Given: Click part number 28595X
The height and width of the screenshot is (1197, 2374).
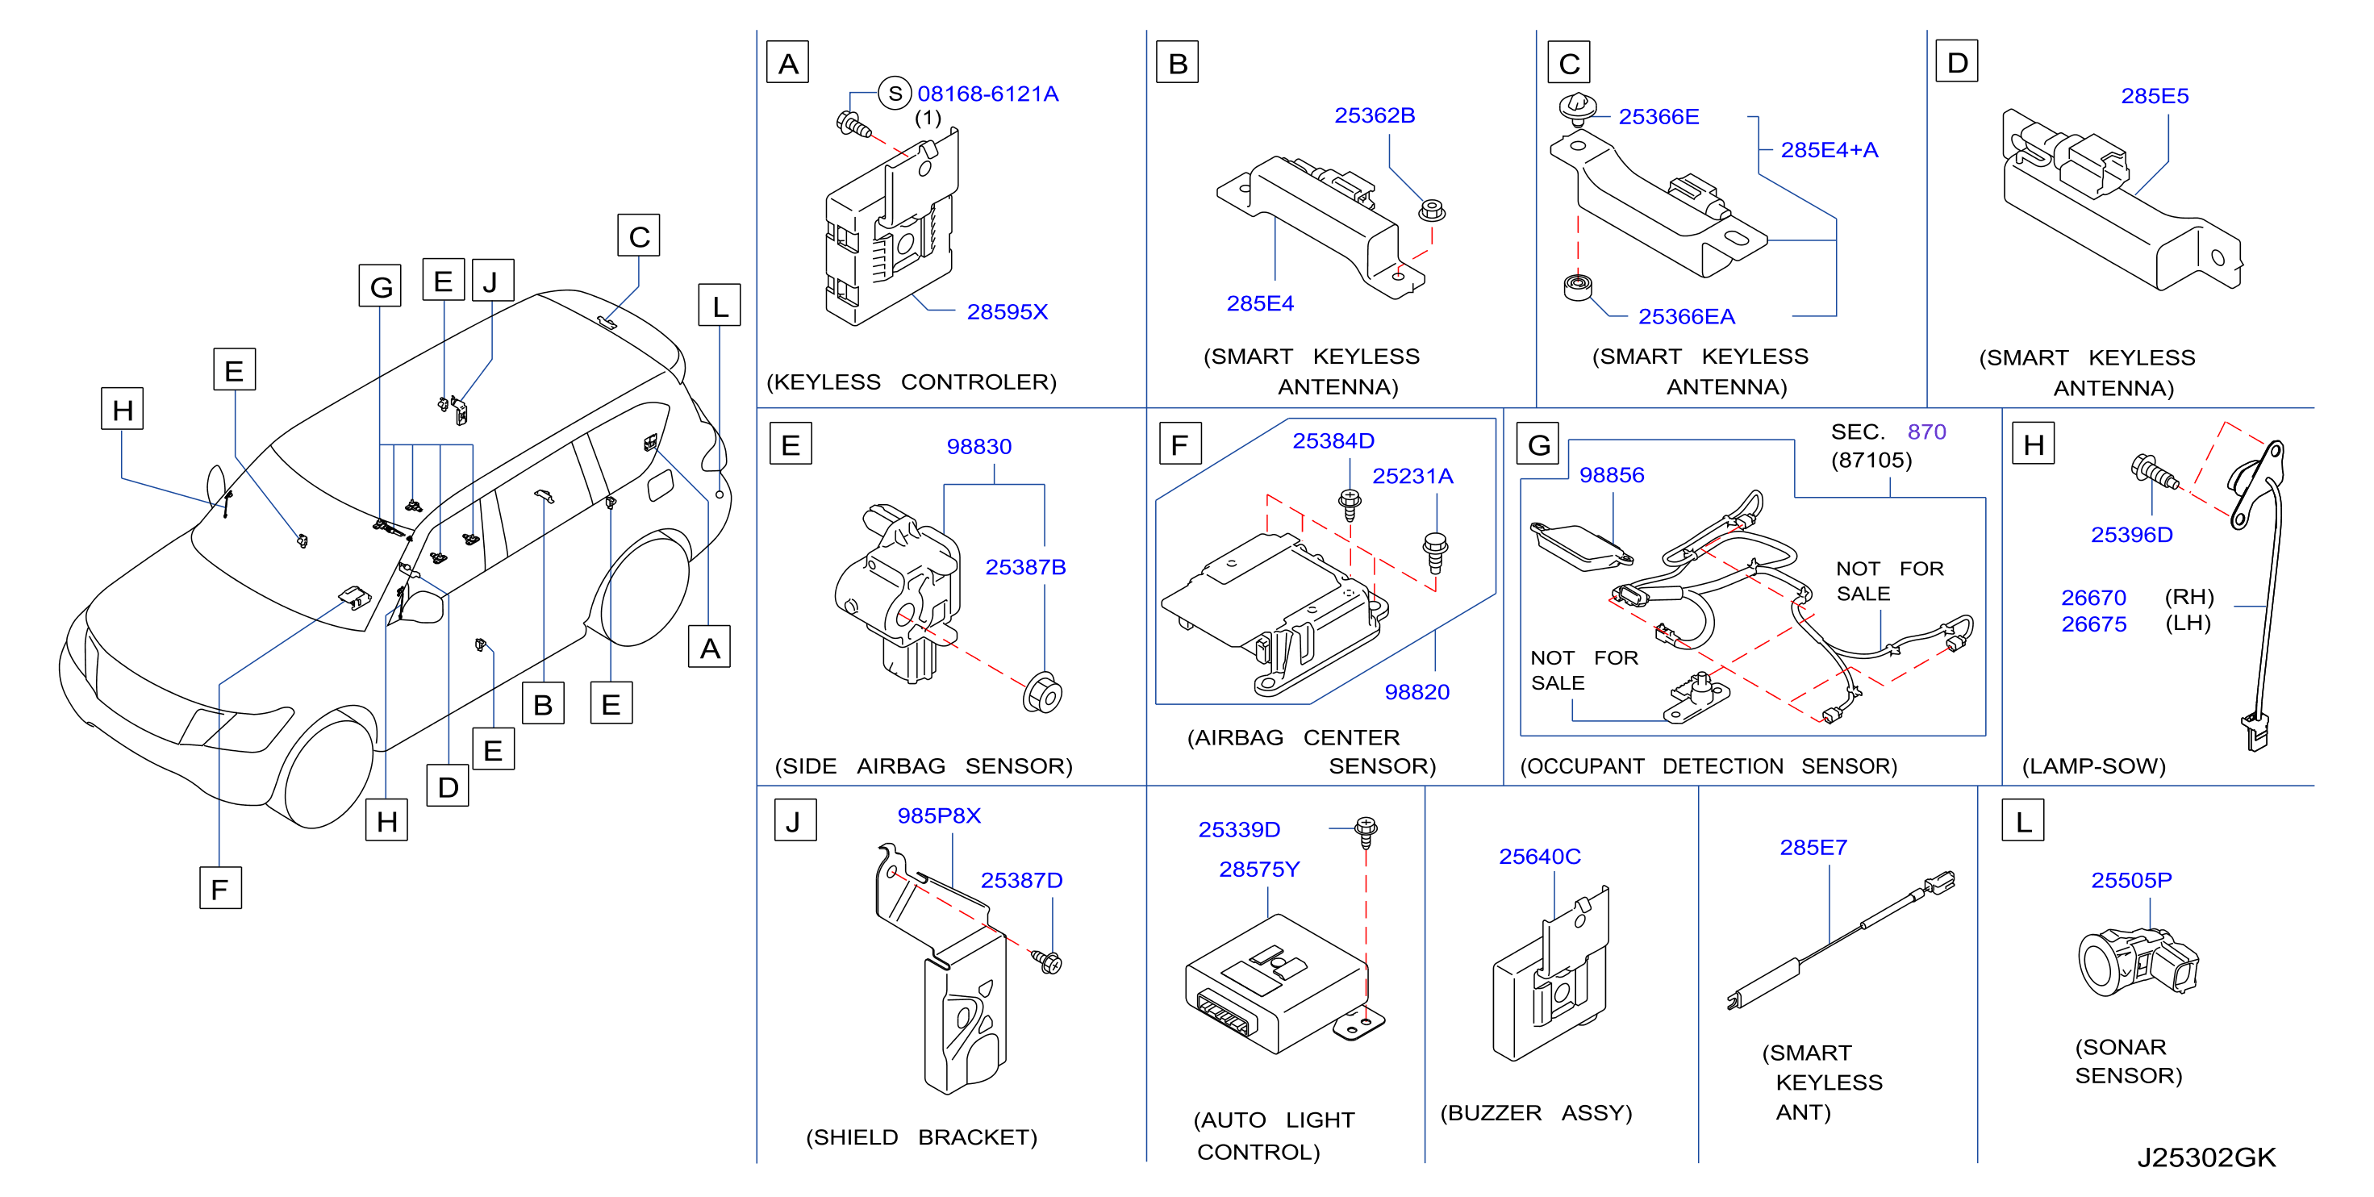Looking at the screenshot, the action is click(x=1007, y=312).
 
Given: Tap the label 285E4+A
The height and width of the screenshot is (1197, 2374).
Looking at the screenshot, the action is click(x=1829, y=150).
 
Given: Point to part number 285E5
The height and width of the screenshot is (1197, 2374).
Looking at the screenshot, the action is click(x=2154, y=97).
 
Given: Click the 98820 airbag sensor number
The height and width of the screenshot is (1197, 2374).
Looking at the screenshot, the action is click(x=1416, y=692).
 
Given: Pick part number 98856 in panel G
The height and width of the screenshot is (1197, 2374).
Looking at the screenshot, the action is click(x=1611, y=475).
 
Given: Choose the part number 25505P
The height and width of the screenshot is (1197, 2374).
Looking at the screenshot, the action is click(x=2130, y=881).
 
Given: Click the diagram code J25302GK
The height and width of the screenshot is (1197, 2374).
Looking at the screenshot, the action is click(x=2206, y=1157).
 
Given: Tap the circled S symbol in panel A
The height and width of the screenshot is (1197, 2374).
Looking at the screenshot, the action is click(x=894, y=93).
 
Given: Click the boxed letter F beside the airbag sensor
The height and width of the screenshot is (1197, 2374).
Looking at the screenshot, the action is click(x=1179, y=444).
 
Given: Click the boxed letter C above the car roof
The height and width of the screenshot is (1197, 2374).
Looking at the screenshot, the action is click(x=639, y=236).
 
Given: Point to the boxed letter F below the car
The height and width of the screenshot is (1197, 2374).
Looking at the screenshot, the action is click(x=220, y=888).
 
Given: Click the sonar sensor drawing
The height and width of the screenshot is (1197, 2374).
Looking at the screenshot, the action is click(x=2137, y=962).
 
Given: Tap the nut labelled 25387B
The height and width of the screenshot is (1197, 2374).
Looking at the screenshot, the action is click(x=1042, y=692).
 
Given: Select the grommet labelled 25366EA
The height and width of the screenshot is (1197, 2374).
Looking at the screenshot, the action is click(x=1578, y=286).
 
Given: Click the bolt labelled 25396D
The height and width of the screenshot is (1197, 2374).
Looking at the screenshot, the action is click(x=2154, y=472).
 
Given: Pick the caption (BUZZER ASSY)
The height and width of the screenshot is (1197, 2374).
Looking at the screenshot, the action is click(x=1535, y=1113).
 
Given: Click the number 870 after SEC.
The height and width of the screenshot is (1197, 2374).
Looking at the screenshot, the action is click(x=1926, y=432).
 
